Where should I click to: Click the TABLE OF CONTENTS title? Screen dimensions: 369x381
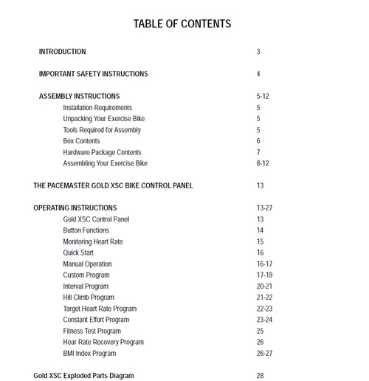(182, 24)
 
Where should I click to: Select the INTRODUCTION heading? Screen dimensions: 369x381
(62, 52)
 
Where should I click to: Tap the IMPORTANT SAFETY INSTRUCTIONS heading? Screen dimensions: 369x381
(93, 74)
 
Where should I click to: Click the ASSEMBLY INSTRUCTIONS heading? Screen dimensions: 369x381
(79, 97)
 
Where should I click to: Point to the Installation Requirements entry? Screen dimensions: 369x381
(97, 108)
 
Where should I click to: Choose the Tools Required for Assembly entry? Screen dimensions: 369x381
(102, 130)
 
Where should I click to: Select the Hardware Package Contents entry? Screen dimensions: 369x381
(102, 152)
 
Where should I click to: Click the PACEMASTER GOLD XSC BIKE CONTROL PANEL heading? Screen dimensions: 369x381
(113, 186)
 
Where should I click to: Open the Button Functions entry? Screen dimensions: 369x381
(86, 230)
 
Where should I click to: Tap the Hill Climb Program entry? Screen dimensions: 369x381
(89, 298)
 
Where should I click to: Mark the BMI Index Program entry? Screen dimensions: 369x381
(90, 354)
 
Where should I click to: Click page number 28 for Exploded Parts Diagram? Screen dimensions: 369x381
(260, 376)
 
